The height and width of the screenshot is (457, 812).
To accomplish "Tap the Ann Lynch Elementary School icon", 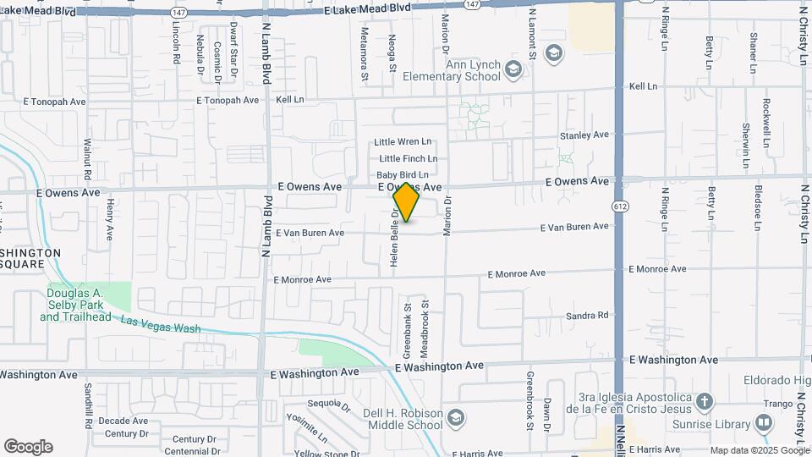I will coord(513,68).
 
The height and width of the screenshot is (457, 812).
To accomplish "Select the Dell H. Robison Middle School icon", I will coord(456,418).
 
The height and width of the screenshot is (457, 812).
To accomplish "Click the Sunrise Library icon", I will coord(765,421).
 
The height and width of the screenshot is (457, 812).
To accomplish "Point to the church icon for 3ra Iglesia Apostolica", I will coord(706,400).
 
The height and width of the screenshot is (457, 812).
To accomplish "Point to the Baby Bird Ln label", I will coord(402,175).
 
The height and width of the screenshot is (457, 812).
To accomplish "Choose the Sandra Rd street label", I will coord(587,316).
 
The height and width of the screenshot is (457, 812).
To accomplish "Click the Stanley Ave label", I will coord(584,135).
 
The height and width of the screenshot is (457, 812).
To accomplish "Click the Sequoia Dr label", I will coord(329,405).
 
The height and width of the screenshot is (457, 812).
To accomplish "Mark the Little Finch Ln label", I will coord(408,158).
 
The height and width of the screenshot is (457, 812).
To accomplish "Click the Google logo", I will coord(28,446).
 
